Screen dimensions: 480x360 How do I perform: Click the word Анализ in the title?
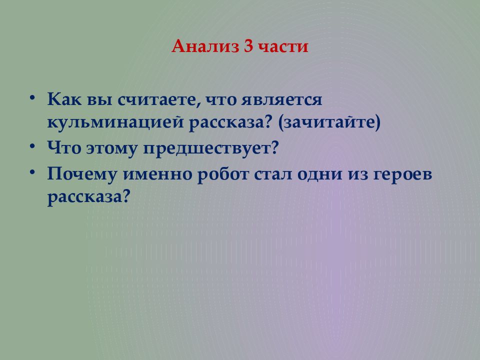pyautogui.click(x=205, y=46)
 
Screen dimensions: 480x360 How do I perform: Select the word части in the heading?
pyautogui.click(x=282, y=47)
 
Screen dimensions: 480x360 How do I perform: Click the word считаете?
pyautogui.click(x=157, y=100)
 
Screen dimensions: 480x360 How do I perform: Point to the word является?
pyautogui.click(x=281, y=100)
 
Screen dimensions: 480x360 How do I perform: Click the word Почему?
pyautogui.click(x=82, y=174)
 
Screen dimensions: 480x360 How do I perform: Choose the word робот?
pyautogui.click(x=223, y=174)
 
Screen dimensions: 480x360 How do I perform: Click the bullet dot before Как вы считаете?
pyautogui.click(x=32, y=98)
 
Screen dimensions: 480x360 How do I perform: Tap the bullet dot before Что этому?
pyautogui.click(x=32, y=146)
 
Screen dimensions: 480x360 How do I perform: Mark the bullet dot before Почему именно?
pyautogui.click(x=32, y=172)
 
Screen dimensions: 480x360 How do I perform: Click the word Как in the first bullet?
pyautogui.click(x=64, y=99)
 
